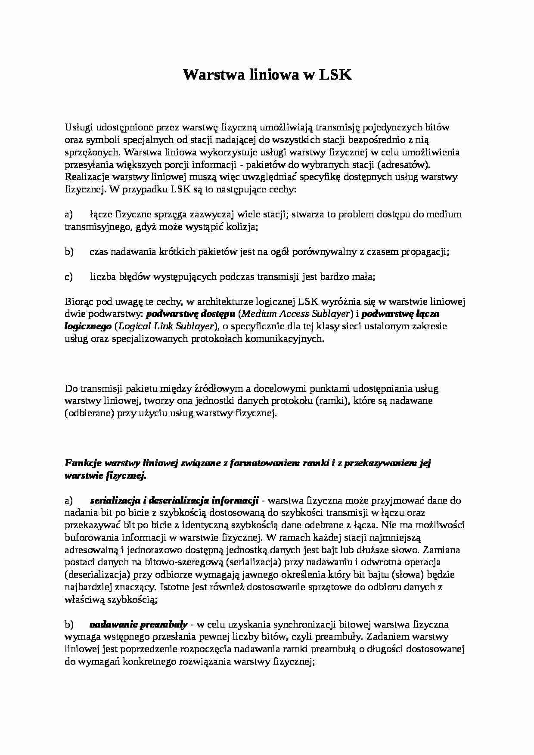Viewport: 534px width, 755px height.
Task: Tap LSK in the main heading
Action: (335, 75)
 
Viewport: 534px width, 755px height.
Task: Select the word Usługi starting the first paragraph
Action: (78, 127)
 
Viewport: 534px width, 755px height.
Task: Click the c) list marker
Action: (69, 277)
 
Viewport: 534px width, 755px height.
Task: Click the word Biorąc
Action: (78, 302)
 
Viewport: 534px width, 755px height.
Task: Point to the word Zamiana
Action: (444, 550)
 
